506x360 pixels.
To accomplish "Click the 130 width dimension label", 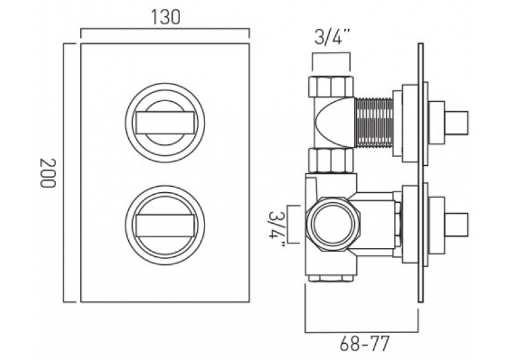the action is (165, 17).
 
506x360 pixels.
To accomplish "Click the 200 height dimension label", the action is (48, 173).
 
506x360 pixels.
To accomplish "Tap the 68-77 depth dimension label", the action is (364, 344).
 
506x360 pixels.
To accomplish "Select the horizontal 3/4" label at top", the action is (333, 38).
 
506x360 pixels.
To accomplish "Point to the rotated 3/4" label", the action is (277, 229).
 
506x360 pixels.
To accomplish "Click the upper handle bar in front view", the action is (165, 123).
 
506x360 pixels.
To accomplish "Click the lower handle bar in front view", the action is (165, 225).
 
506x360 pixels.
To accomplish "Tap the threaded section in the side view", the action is (373, 123).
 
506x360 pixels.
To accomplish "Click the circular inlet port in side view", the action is (332, 224).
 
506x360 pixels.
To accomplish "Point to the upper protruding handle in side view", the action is (456, 123).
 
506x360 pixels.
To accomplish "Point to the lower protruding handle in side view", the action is (456, 225).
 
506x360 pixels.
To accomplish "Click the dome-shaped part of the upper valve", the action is (335, 123).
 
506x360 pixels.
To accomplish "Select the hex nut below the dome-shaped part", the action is (331, 160).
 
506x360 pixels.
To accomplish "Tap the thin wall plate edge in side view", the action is (420, 173).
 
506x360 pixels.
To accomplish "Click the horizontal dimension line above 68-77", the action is (362, 332).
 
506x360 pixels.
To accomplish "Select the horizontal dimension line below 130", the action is (165, 30).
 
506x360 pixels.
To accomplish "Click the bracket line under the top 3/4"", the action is (331, 53).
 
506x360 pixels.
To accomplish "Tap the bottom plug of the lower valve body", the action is (331, 278).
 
